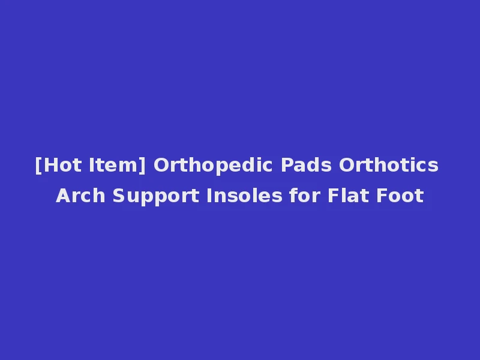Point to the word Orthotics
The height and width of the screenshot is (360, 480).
click(x=389, y=165)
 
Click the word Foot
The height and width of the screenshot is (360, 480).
click(x=400, y=196)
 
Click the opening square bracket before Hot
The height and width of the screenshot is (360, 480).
click(x=38, y=166)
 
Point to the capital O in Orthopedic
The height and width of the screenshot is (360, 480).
click(x=161, y=165)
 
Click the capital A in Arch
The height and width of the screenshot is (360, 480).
click(x=63, y=196)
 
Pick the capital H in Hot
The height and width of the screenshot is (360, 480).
click(x=48, y=165)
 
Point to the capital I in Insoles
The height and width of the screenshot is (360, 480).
click(x=209, y=196)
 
